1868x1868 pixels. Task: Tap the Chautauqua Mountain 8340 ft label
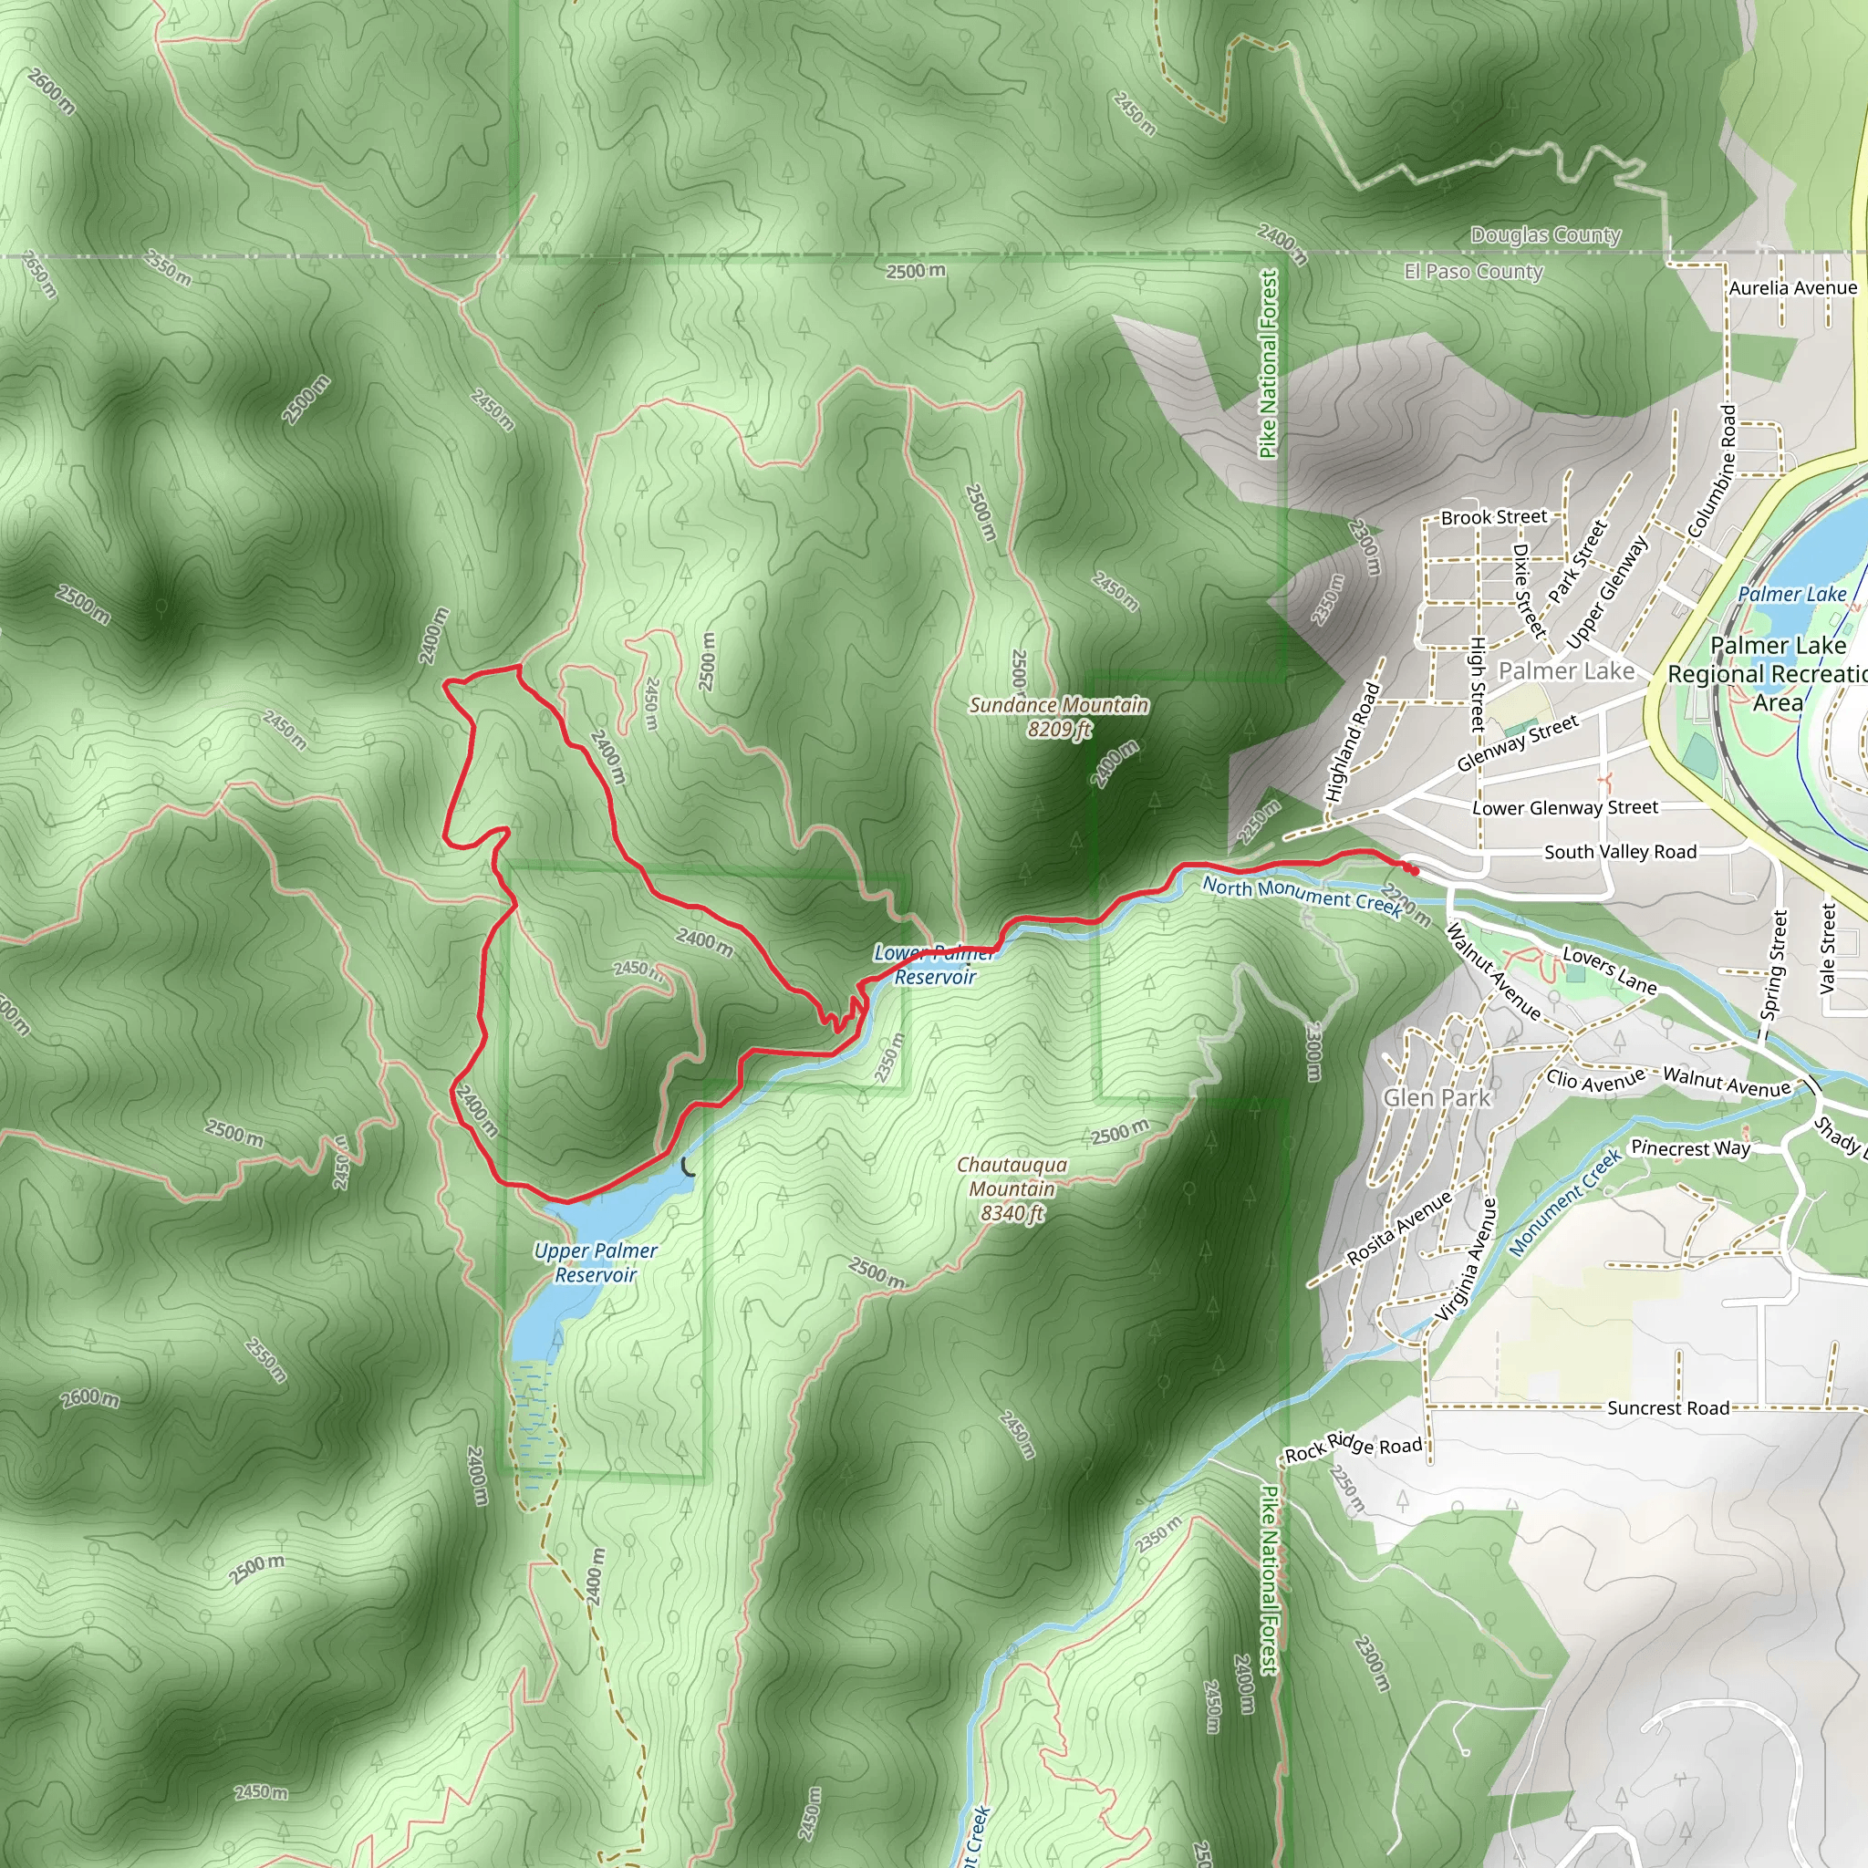click(x=1012, y=1188)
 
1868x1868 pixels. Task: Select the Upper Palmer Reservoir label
click(x=596, y=1261)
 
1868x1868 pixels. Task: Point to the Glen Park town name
click(x=1437, y=1097)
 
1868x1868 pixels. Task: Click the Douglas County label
click(x=1545, y=235)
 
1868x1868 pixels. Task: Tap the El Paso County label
click(x=1474, y=272)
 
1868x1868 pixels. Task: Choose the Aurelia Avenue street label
click(x=1792, y=288)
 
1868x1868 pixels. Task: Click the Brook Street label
click(x=1494, y=517)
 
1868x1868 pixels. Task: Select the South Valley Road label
click(x=1620, y=852)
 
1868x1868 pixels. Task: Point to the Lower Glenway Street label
click(x=1564, y=807)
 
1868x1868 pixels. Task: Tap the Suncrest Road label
click(x=1668, y=1408)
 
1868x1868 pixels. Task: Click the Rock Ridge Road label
click(x=1353, y=1448)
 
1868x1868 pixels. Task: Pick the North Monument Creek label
click(x=1302, y=897)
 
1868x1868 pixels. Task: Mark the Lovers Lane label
click(x=1610, y=970)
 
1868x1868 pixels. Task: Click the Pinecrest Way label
click(x=1690, y=1148)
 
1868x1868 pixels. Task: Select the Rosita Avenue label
click(x=1399, y=1228)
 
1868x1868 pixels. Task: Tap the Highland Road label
click(x=1352, y=742)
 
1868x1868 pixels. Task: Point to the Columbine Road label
click(x=1712, y=471)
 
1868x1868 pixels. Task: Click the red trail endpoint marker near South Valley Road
click(x=1414, y=871)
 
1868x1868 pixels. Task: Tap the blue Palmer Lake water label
click(x=1791, y=595)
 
